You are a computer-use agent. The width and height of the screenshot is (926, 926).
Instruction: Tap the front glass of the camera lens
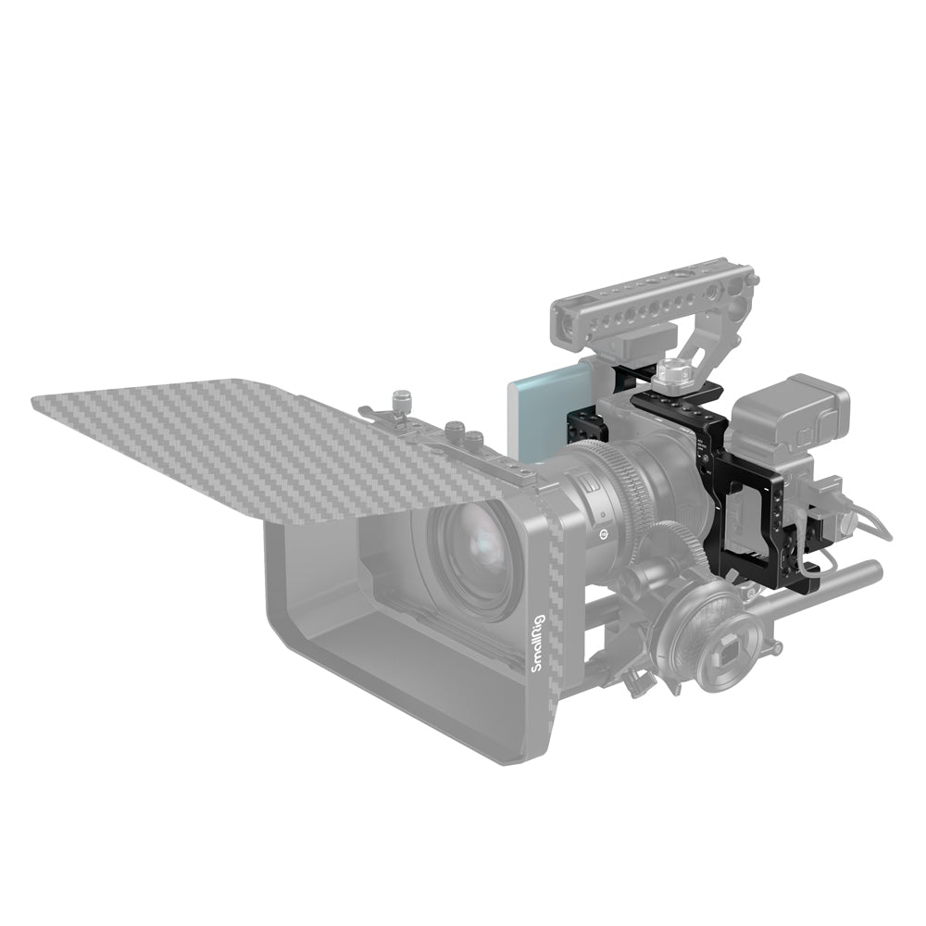click(x=475, y=552)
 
